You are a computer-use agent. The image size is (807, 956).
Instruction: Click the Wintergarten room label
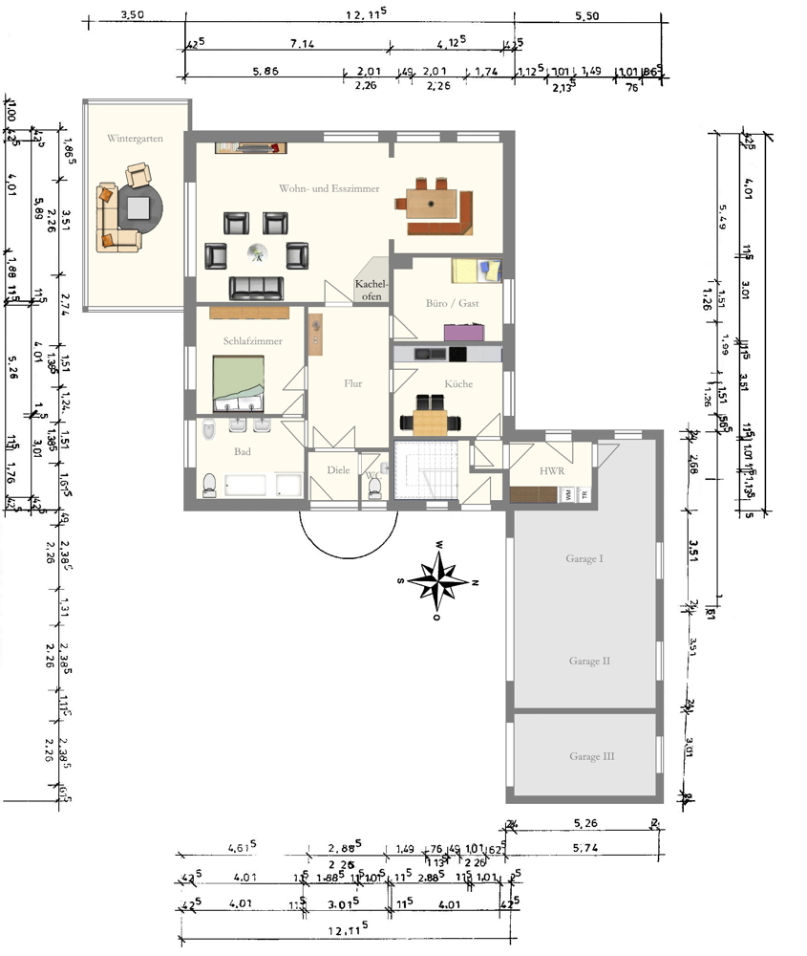click(135, 139)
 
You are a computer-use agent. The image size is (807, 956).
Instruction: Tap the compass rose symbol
click(436, 580)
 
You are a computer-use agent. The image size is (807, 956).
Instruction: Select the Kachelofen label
click(371, 290)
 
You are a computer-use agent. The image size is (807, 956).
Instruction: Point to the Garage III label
click(592, 756)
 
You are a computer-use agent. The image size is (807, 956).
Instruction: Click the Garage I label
click(585, 557)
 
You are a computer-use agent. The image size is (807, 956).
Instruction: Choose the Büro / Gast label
click(452, 303)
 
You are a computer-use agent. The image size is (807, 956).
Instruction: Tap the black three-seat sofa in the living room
click(256, 286)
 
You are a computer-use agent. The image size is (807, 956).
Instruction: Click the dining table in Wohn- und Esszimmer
click(431, 203)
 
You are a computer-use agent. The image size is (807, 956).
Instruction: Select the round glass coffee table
click(257, 252)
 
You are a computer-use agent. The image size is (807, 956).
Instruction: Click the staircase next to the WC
click(426, 469)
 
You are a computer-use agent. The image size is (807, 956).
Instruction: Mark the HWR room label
click(551, 471)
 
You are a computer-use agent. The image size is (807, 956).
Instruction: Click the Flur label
click(352, 383)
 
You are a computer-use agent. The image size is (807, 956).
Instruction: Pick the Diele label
click(338, 469)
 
